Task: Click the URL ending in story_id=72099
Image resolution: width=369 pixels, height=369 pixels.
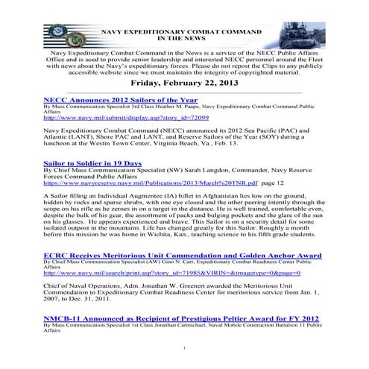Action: (126, 118)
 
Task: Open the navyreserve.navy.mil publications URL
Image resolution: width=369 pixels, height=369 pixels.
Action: (150, 181)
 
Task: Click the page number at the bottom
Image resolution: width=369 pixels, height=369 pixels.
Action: (184, 348)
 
